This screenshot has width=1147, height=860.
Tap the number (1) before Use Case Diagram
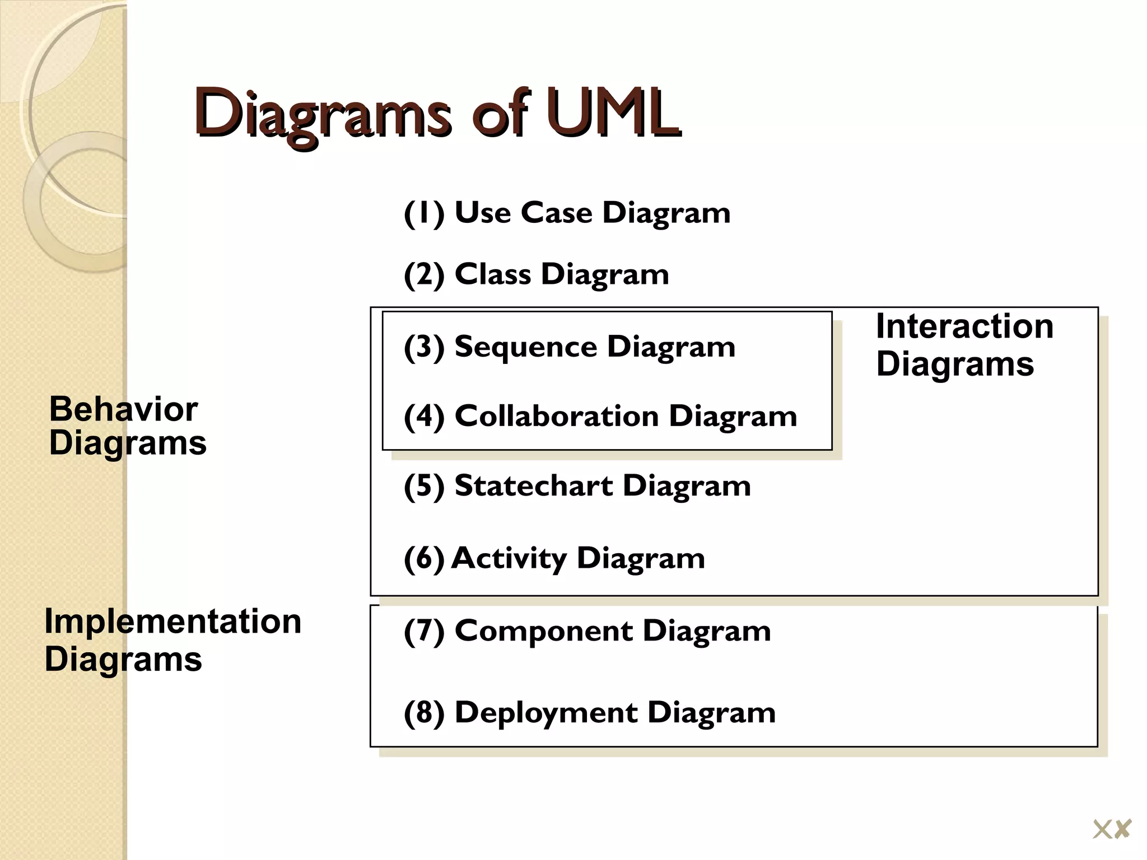pyautogui.click(x=424, y=213)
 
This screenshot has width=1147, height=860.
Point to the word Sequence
pyautogui.click(x=525, y=347)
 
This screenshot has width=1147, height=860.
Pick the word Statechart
pyautogui.click(x=533, y=485)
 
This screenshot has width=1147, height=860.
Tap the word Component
pyautogui.click(x=543, y=631)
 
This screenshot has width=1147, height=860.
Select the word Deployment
pyautogui.click(x=545, y=713)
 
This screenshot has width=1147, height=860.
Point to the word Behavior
pyautogui.click(x=123, y=409)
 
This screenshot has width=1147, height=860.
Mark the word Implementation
pyautogui.click(x=172, y=621)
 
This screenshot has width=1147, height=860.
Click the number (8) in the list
pyautogui.click(x=424, y=713)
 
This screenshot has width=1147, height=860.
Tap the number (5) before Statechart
pyautogui.click(x=424, y=486)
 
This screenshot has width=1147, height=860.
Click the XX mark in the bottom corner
pyautogui.click(x=1112, y=829)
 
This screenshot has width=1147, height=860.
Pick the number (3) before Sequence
pyautogui.click(x=424, y=347)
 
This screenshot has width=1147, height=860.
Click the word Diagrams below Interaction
pyautogui.click(x=955, y=364)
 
